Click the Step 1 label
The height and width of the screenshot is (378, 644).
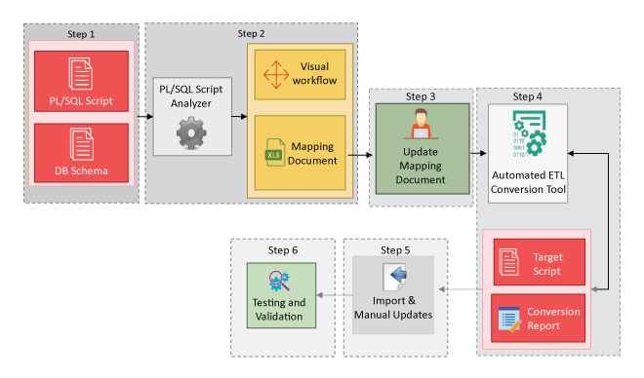pyautogui.click(x=80, y=34)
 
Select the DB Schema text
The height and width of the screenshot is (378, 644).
pyautogui.click(x=80, y=172)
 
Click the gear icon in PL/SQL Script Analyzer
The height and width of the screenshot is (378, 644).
pyautogui.click(x=191, y=132)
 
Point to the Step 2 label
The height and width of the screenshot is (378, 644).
pyautogui.click(x=251, y=34)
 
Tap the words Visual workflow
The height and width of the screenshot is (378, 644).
pyautogui.click(x=314, y=74)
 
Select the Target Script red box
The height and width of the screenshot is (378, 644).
pyautogui.click(x=539, y=263)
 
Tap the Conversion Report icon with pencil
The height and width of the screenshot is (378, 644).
pyautogui.click(x=509, y=318)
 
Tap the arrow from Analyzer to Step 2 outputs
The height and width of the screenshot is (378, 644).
pyautogui.click(x=239, y=116)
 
